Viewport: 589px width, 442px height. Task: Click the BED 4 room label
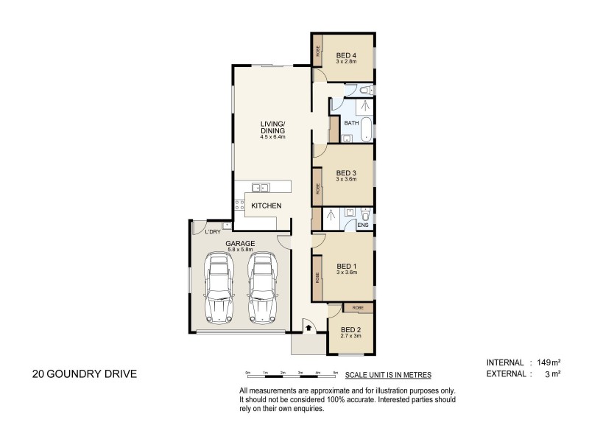point(346,55)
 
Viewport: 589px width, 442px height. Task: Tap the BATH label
point(351,123)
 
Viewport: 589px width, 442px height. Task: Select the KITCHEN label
point(266,206)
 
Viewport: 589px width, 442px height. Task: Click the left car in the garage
point(219,287)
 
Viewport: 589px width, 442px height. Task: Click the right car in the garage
point(262,287)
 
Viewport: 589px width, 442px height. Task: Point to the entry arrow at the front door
point(308,328)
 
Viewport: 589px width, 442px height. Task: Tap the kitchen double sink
point(261,187)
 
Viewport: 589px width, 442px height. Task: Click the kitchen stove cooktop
point(239,205)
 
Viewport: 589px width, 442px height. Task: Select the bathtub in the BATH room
point(366,130)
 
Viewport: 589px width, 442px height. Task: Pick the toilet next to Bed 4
point(366,90)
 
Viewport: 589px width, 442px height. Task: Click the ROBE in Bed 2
point(359,308)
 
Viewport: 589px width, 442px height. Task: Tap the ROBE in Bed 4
point(318,51)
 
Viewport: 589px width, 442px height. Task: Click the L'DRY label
point(213,231)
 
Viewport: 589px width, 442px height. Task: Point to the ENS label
point(363,225)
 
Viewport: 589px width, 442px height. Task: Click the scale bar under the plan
point(292,375)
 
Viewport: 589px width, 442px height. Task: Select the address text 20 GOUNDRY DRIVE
point(85,374)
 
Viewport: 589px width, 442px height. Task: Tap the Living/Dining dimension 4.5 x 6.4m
point(272,137)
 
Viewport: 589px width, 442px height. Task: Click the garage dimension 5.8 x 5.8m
point(240,249)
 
